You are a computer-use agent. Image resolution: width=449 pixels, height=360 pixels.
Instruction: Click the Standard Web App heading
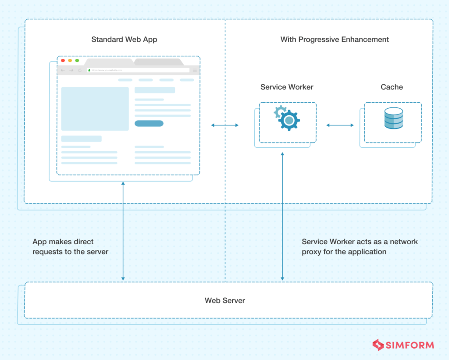click(124, 39)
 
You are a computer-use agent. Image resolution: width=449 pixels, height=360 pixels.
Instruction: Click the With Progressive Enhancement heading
click(335, 39)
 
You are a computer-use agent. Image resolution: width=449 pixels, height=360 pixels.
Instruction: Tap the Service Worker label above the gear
click(287, 87)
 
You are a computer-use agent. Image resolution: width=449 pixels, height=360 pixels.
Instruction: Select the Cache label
click(392, 87)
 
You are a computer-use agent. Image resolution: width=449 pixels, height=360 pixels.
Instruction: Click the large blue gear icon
click(289, 120)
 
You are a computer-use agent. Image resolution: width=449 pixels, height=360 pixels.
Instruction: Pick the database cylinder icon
click(393, 118)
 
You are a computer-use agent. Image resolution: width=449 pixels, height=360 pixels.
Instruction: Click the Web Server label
click(224, 300)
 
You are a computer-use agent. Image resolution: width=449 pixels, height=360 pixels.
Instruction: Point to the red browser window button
click(63, 61)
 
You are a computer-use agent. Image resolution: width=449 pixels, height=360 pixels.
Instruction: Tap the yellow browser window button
click(70, 61)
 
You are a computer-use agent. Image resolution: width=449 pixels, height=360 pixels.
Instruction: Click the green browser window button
click(77, 61)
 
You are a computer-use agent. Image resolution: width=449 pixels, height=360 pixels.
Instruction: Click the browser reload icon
click(80, 70)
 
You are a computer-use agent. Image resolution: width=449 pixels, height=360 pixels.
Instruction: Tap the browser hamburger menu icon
click(195, 70)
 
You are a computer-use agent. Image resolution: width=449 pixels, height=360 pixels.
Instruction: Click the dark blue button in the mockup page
click(149, 123)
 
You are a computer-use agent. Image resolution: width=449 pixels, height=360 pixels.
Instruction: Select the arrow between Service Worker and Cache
click(340, 125)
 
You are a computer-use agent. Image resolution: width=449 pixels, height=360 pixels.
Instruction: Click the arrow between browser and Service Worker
click(224, 125)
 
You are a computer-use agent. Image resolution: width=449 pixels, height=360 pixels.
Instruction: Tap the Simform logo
click(403, 345)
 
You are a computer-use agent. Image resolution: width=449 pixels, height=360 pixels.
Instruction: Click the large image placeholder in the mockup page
click(95, 109)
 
